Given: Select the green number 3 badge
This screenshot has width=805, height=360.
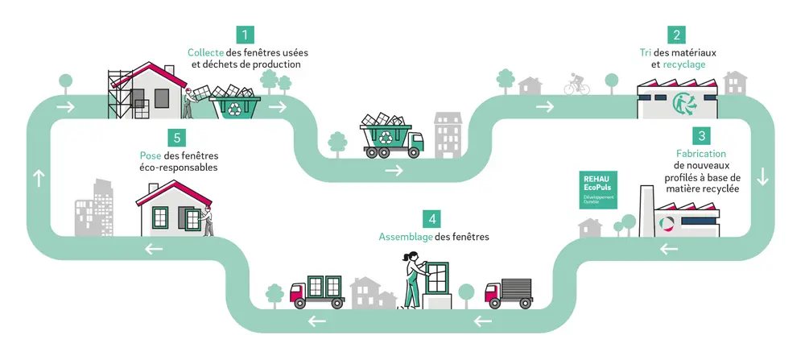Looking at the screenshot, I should pyautogui.click(x=702, y=136).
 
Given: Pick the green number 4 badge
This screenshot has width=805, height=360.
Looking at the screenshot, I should pyautogui.click(x=433, y=220).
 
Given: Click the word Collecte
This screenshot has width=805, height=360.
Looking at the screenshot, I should pyautogui.click(x=205, y=52).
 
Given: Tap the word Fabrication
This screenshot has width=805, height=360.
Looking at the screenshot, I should pyautogui.click(x=701, y=153).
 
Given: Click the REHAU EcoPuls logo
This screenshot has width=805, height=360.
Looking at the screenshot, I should pyautogui.click(x=597, y=190).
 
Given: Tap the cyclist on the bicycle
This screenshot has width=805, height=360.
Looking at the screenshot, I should pyautogui.click(x=576, y=84).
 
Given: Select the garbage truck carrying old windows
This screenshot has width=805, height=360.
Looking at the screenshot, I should pyautogui.click(x=390, y=134).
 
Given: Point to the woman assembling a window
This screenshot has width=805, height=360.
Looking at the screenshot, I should pyautogui.click(x=411, y=279).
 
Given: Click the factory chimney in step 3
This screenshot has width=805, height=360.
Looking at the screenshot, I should pyautogui.click(x=646, y=211).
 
